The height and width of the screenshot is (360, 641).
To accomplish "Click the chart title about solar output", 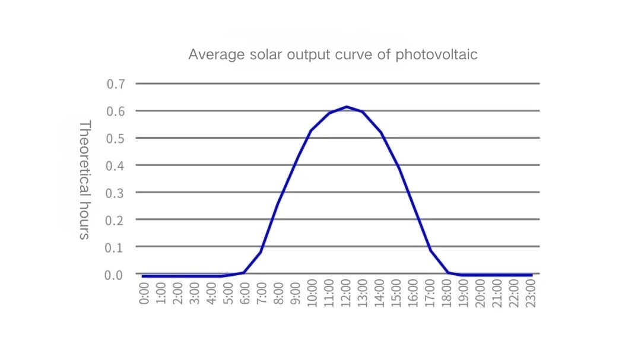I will [x=332, y=55].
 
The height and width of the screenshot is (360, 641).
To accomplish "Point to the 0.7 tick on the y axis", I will [x=116, y=84].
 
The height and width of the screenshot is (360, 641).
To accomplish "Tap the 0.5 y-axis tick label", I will [x=116, y=138].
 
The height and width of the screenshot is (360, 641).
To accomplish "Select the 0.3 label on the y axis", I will [x=116, y=193].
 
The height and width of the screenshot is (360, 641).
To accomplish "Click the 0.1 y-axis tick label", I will [x=116, y=247].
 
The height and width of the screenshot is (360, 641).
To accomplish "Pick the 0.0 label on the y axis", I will [x=116, y=275].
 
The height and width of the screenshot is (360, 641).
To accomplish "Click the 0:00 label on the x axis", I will [x=144, y=292].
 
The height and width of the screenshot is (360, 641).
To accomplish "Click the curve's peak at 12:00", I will [x=347, y=107].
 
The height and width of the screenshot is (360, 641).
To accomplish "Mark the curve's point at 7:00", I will [x=261, y=252].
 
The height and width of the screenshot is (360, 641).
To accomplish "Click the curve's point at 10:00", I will [x=311, y=130].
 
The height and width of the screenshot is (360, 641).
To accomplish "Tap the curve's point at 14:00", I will [x=380, y=132].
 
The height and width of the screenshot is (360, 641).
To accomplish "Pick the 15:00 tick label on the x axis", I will [x=397, y=292].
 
